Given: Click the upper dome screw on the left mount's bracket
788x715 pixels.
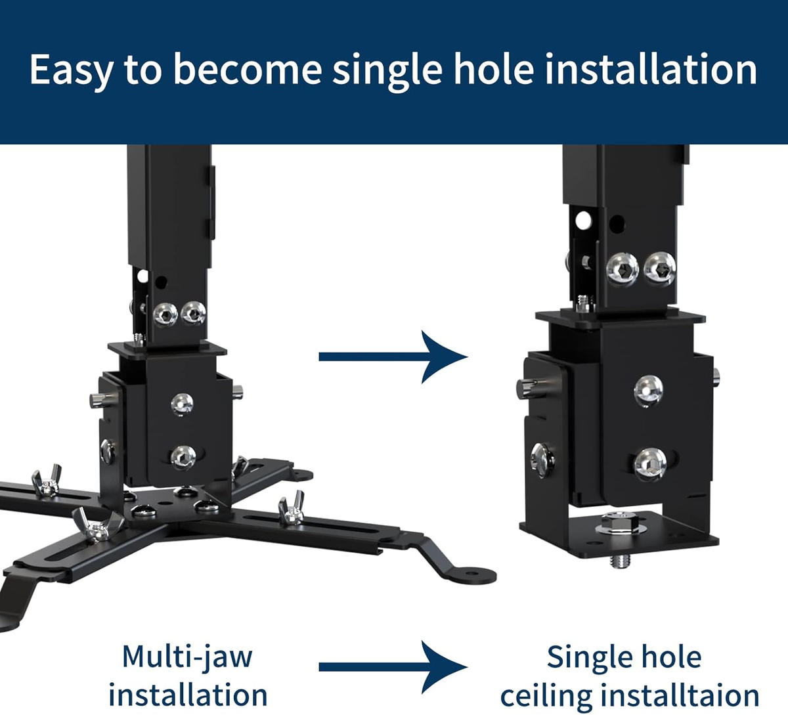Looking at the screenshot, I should point(183,402).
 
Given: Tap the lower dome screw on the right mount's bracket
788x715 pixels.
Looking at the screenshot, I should point(649,462).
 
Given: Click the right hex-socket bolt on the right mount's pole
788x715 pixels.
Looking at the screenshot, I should point(659,267).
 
